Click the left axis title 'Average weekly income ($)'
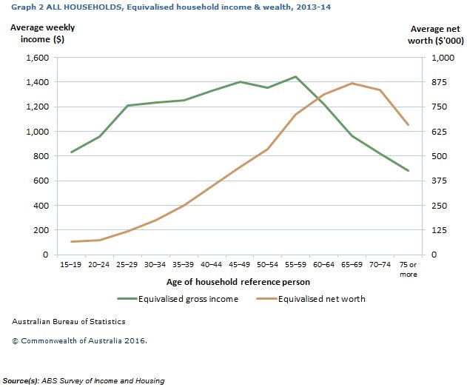(43, 33)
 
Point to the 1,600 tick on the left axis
(37, 58)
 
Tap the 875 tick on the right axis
(439, 82)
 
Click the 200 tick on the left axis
(41, 230)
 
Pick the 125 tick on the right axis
(439, 230)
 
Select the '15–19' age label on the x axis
(72, 263)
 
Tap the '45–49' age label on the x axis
(240, 263)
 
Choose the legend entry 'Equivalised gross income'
(178, 300)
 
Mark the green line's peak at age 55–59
(295, 76)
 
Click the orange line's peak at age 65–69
(352, 83)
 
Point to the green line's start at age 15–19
(72, 152)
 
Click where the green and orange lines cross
(319, 98)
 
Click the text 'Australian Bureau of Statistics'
(69, 322)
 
